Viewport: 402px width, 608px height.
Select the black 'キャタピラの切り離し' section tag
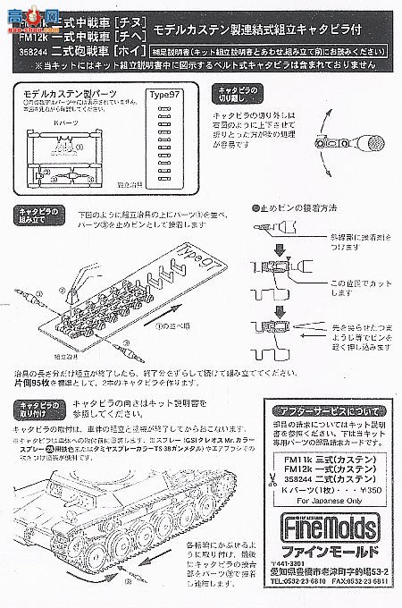[236, 97]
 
